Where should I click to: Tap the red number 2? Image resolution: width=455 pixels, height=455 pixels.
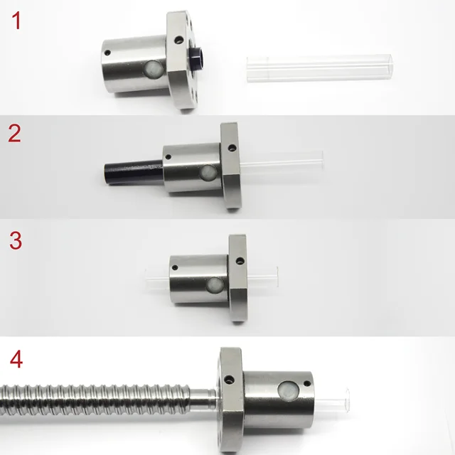click(x=15, y=134)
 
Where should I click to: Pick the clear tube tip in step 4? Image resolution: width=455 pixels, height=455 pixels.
click(x=344, y=402)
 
